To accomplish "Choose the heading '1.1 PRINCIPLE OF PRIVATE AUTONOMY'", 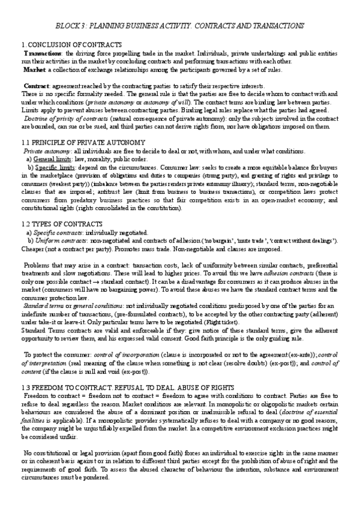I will (83, 142).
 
